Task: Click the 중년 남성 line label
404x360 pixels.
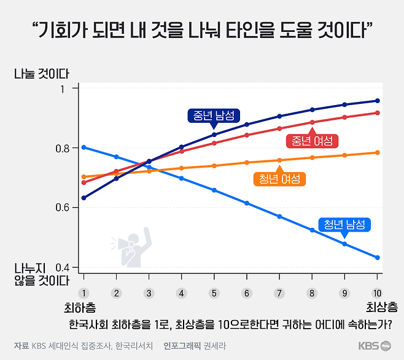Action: click(x=214, y=115)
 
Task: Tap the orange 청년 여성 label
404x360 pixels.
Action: click(x=279, y=179)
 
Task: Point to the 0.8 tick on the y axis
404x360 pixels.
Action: click(x=64, y=148)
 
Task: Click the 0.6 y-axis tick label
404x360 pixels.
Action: click(x=64, y=208)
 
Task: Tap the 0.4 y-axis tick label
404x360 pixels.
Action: click(x=64, y=267)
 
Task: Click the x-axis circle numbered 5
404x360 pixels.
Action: click(x=214, y=293)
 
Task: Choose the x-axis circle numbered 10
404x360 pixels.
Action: click(x=377, y=293)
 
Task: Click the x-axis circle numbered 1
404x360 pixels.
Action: click(x=84, y=293)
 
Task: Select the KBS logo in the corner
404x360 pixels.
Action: click(x=374, y=346)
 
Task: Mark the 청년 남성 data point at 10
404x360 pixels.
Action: click(x=378, y=257)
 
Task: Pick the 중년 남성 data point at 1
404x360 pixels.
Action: click(x=84, y=198)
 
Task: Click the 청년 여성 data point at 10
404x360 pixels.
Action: click(x=378, y=152)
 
